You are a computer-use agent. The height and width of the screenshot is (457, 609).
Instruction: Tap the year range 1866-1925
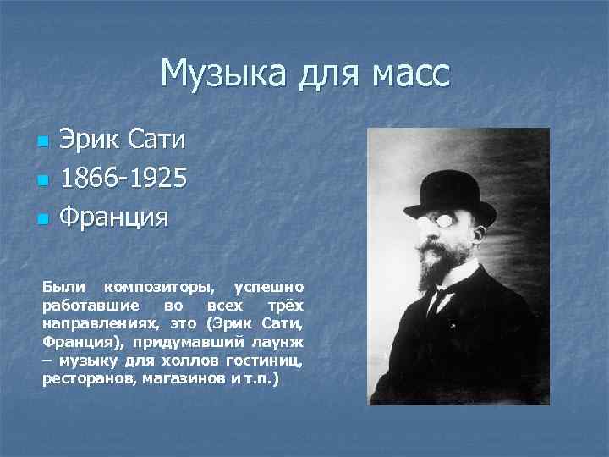[x=123, y=178]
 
